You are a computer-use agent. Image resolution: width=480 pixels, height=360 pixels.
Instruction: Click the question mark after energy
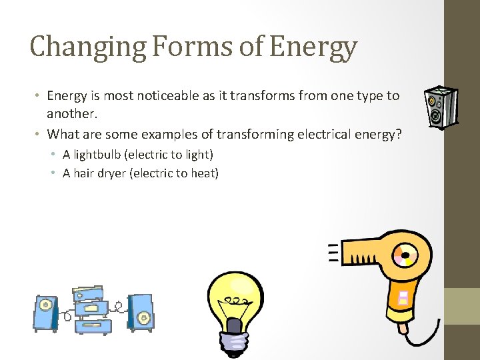[399, 134]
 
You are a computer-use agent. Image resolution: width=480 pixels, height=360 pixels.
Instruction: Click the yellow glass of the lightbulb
[235, 293]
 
